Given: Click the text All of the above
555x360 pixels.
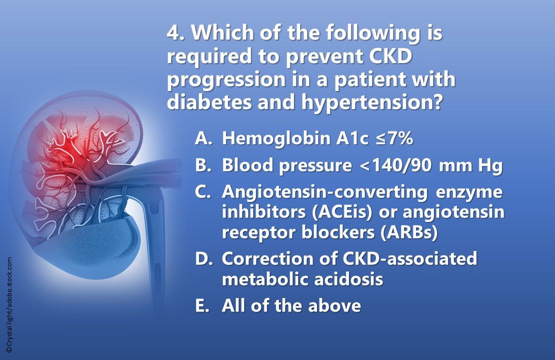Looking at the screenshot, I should point(291,305).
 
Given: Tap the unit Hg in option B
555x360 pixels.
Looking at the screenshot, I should point(490,166).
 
